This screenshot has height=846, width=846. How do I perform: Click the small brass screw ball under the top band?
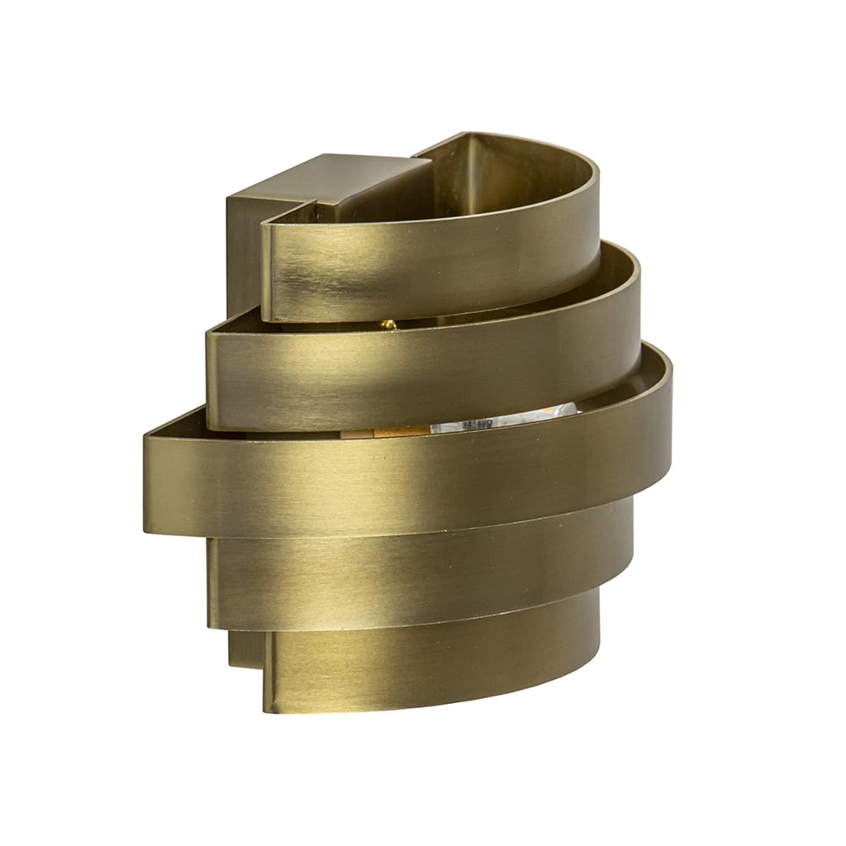[x=389, y=325]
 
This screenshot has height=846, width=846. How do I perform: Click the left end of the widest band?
[x=150, y=483]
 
